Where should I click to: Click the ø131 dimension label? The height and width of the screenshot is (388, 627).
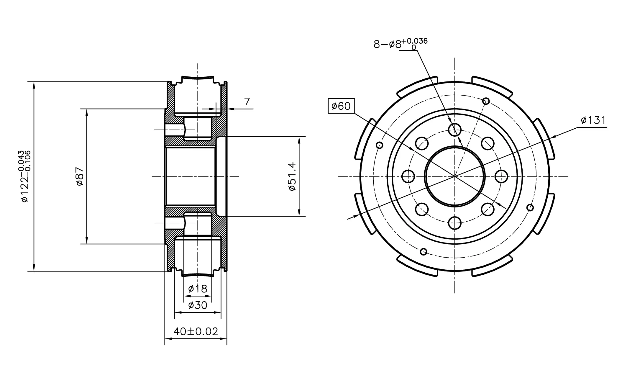click(593, 120)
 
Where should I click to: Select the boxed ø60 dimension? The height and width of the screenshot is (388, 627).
click(341, 106)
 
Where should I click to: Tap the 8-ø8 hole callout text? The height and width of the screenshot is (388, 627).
click(400, 43)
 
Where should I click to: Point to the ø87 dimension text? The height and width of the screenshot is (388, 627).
click(80, 176)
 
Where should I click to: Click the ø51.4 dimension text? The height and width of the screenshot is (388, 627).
click(292, 176)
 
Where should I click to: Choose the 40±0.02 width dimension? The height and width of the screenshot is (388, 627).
click(196, 332)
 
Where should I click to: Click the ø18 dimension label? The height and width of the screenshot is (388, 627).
click(198, 289)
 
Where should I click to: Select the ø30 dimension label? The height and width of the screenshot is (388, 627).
click(198, 305)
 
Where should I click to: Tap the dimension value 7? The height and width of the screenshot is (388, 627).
click(247, 102)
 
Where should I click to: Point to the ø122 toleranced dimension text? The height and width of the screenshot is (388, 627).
click(25, 176)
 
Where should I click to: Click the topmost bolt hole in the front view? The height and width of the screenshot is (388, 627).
click(454, 130)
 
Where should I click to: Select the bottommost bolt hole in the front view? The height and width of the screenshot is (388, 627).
click(454, 223)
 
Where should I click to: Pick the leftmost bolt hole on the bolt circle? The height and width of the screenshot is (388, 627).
click(408, 176)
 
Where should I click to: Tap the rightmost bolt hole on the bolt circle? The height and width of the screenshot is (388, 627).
click(501, 176)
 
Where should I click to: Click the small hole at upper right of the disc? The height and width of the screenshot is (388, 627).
click(486, 101)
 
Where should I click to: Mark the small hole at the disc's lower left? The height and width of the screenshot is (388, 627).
click(424, 252)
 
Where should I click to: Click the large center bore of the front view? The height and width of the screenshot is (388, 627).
click(454, 176)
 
